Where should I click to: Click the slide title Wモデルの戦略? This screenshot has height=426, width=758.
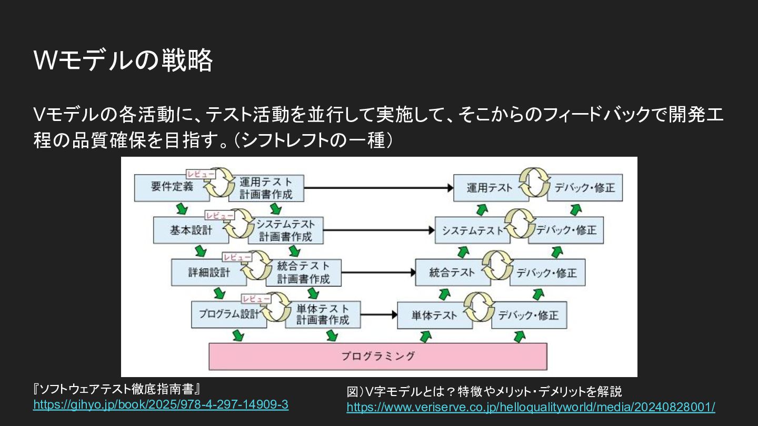coord(123,60)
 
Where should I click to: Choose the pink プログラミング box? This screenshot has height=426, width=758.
coord(377,356)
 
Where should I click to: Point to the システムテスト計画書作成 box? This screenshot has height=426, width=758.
coord(287,230)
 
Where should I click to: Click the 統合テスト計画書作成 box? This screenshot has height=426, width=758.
coord(304,272)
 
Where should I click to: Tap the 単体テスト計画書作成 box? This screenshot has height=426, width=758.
coord(323,315)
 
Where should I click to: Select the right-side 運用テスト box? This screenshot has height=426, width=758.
coord(490,188)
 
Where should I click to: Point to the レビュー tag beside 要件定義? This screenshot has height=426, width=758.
coord(201,174)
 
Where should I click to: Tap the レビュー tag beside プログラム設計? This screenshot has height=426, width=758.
coord(256,299)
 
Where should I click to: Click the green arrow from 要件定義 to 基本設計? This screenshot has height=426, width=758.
coord(182,208)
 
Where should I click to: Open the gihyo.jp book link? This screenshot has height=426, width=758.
coord(161,405)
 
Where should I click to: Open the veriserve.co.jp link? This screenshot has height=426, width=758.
coord(531,407)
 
